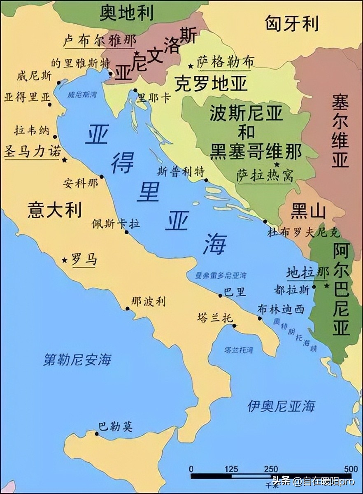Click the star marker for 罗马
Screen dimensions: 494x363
65,260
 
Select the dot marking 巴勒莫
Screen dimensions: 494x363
97,433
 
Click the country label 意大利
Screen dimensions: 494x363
54,210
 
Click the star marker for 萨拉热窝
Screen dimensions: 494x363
277,165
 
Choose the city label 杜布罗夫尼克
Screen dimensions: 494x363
304,233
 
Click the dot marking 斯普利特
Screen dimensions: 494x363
206,180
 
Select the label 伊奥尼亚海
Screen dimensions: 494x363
281,406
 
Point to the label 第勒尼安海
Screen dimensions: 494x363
77,359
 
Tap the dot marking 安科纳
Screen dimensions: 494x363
102,177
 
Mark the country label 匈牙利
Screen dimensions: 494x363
291,23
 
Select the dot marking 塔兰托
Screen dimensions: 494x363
234,326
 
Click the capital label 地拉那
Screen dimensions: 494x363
308,273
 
